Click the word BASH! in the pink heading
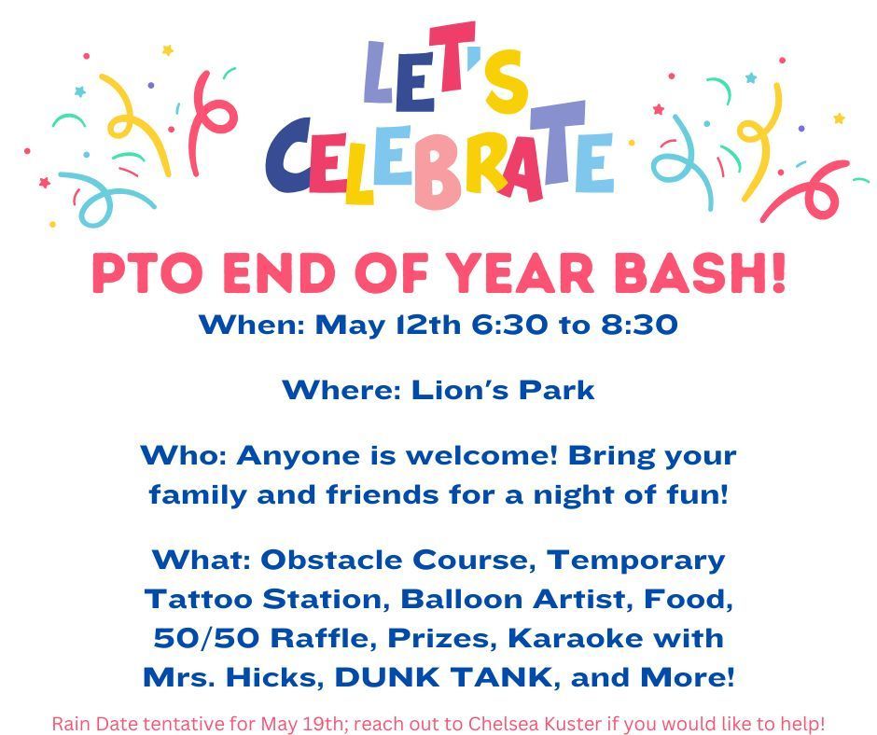(700, 273)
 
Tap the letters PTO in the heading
(147, 273)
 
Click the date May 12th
(388, 326)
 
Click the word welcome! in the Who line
(481, 455)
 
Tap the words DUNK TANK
(443, 677)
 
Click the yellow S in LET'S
(506, 82)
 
